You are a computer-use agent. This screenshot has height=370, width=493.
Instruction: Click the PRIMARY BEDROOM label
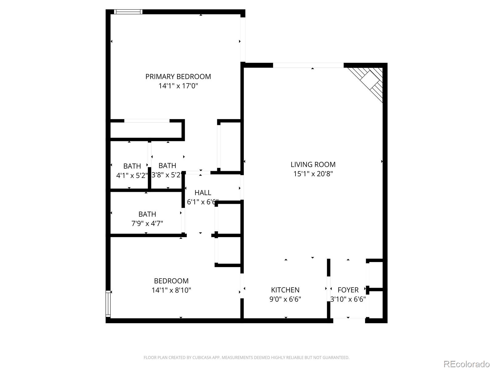click(x=178, y=76)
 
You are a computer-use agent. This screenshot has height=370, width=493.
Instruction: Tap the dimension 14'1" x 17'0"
click(x=178, y=86)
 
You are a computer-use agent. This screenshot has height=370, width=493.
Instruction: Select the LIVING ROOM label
click(x=313, y=164)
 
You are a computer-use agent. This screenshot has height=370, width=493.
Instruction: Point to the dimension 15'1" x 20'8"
click(x=313, y=174)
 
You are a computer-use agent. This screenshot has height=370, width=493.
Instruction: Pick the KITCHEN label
click(x=285, y=290)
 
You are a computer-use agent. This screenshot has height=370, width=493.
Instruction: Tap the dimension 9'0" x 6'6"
click(x=285, y=299)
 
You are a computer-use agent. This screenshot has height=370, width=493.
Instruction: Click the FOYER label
click(x=348, y=290)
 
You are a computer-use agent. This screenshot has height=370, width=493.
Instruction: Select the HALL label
click(x=203, y=193)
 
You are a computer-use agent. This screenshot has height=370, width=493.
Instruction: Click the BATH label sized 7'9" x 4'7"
click(x=147, y=214)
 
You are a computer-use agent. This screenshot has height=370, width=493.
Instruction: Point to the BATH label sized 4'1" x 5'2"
click(x=132, y=166)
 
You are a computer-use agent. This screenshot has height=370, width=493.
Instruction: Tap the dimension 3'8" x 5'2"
click(x=167, y=175)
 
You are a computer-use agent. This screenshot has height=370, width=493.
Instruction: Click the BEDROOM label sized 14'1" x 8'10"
click(x=171, y=281)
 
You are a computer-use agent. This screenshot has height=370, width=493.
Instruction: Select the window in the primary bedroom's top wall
click(x=128, y=12)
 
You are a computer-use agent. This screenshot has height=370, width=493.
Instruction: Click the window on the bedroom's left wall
click(x=108, y=304)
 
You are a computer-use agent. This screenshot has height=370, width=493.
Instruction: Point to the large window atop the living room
click(x=308, y=65)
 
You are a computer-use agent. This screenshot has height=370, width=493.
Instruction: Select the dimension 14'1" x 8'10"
click(x=171, y=290)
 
